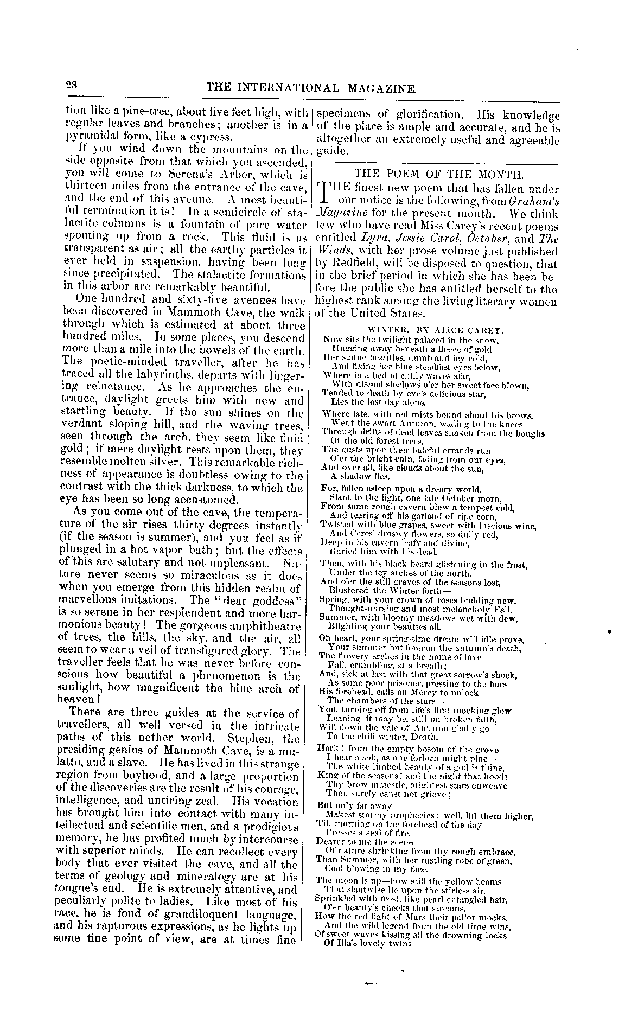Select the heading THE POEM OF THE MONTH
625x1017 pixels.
pos(439,175)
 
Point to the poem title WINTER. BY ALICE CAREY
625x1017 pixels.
pos(436,329)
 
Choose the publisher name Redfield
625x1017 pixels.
pos(345,264)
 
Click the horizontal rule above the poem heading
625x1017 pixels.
pos(437,164)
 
